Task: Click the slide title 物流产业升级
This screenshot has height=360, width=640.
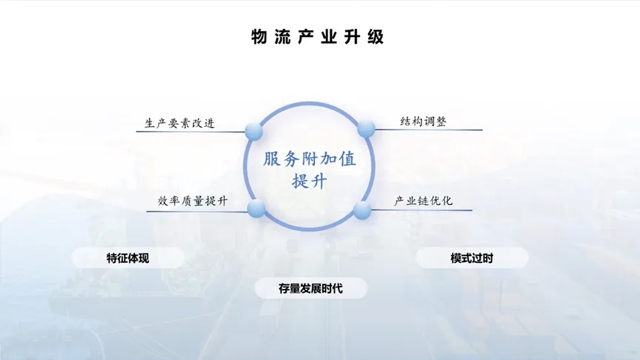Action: (x=318, y=37)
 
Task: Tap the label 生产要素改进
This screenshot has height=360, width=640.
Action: (x=179, y=123)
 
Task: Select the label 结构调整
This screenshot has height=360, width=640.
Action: (x=423, y=121)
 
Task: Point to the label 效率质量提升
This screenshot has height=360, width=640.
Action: (x=193, y=201)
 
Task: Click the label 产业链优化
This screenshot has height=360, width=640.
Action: (x=423, y=201)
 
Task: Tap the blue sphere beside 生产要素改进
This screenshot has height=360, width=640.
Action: (x=254, y=131)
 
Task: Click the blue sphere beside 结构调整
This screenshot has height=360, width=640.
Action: (x=366, y=129)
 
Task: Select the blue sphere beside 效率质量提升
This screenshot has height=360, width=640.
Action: (x=256, y=209)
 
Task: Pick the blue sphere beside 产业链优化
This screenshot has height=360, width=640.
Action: (x=362, y=210)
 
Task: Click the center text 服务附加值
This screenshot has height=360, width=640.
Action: (x=310, y=159)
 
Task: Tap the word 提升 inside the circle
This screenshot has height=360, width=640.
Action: (x=310, y=181)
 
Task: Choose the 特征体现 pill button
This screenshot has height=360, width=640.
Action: (x=127, y=258)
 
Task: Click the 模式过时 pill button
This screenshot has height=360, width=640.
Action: (x=472, y=258)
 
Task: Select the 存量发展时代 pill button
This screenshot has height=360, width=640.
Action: (x=310, y=288)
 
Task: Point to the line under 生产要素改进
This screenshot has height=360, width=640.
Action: (x=190, y=131)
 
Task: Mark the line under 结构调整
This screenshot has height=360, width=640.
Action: (x=429, y=130)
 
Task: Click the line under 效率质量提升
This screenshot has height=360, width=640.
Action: (x=197, y=211)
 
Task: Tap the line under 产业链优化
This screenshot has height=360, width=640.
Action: (x=421, y=210)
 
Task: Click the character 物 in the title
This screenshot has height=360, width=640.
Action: (x=259, y=37)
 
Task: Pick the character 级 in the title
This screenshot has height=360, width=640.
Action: (x=376, y=37)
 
